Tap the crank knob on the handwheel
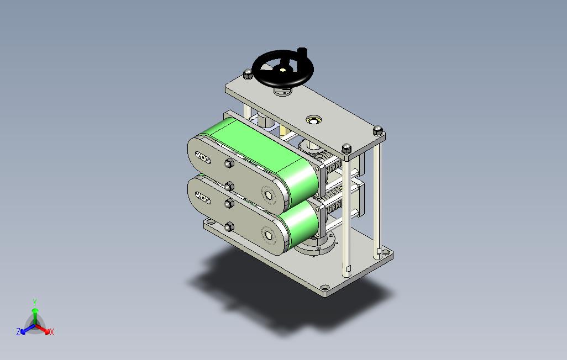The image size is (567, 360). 302,51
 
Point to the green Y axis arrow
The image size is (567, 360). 35,316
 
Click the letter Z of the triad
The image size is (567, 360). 18,331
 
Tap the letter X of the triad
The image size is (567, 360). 52,332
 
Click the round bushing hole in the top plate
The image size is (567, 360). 313,120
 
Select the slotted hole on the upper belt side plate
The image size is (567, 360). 203,157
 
